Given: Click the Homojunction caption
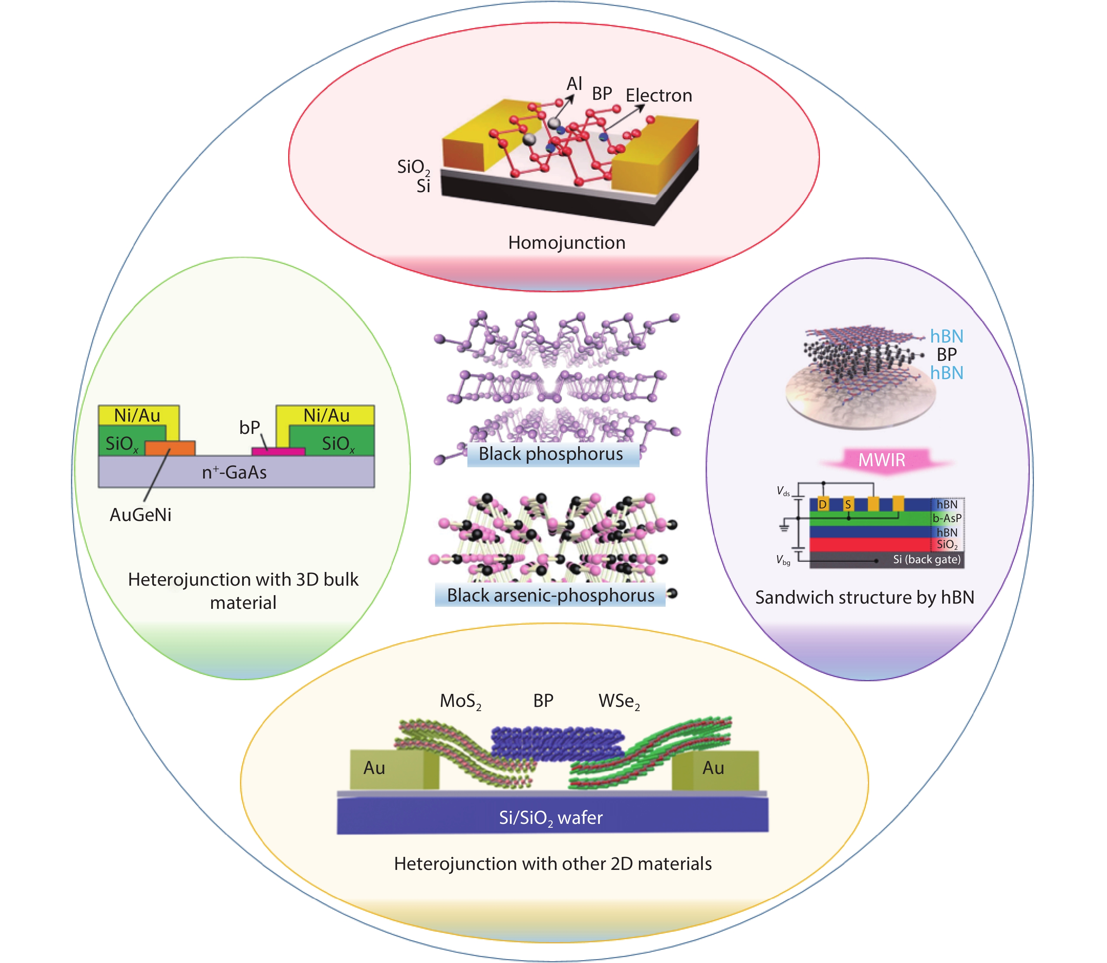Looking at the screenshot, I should coord(567,243).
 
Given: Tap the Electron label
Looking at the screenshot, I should coord(659,96).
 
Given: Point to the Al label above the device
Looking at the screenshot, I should coord(574,84).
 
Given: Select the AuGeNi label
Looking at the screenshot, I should coord(140,515).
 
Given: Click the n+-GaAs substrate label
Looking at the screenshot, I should coord(234,472).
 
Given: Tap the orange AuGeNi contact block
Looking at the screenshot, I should coord(170,448).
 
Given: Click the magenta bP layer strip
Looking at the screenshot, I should coord(278,451).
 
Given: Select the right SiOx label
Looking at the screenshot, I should coord(338,444).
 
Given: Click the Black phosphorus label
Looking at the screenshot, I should coord(551,454).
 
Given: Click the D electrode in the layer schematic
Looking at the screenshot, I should coord(822,504).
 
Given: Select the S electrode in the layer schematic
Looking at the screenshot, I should coord(848,504).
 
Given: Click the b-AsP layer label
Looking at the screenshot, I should coord(947,518).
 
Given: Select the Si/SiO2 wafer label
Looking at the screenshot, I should coord(551,818).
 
